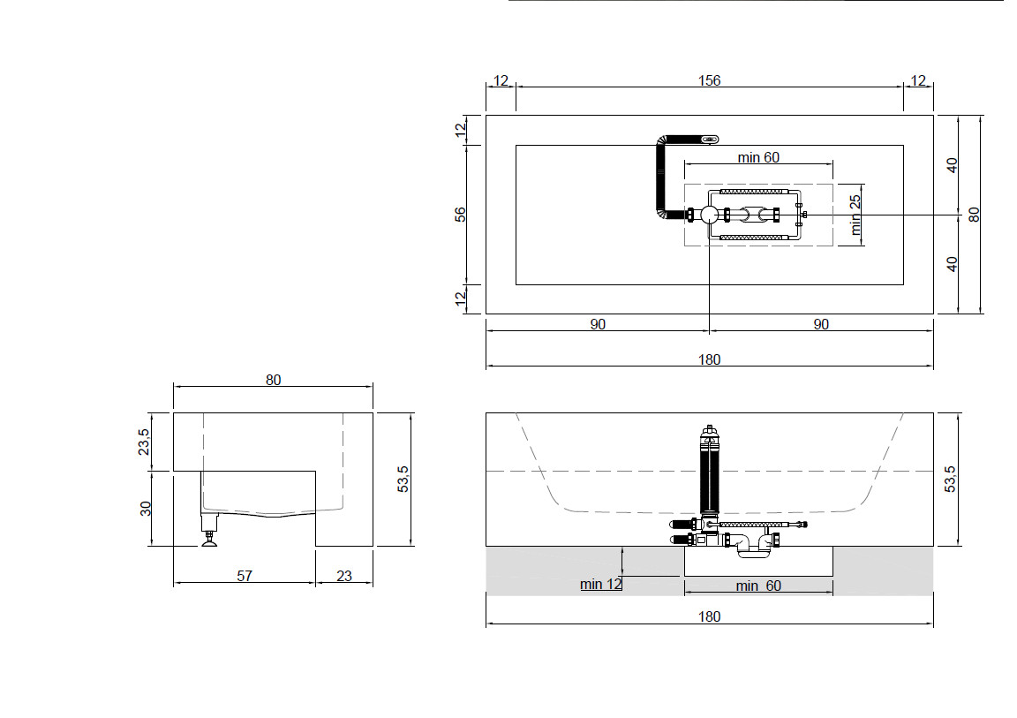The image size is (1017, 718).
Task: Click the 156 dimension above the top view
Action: [709, 80]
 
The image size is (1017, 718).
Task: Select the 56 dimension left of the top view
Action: [460, 214]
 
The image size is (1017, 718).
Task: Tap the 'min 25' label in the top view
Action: [855, 215]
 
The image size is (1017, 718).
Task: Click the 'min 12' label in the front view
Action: [600, 584]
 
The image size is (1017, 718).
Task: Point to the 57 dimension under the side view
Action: [245, 575]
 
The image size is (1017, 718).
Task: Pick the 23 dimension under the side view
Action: [344, 575]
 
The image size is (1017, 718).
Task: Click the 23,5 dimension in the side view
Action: [144, 442]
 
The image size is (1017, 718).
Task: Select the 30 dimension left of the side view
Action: [146, 509]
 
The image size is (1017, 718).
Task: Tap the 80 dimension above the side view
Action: [273, 380]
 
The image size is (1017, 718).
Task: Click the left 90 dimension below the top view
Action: [598, 323]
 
